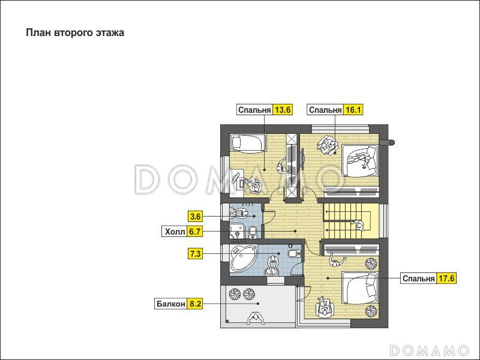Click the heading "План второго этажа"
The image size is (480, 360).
tap(75, 33)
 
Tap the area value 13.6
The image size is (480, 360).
tap(283, 110)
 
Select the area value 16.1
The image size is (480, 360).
tap(353, 110)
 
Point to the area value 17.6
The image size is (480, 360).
tap(446, 278)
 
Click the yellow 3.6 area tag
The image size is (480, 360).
tap(196, 217)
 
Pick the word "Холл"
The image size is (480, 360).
tap(175, 232)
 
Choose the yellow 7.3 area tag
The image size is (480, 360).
tap(196, 254)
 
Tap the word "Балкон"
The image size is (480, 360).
tap(171, 304)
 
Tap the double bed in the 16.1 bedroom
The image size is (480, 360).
tap(361, 160)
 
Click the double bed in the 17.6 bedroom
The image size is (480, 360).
tap(361, 288)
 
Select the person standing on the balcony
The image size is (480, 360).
tap(256, 319)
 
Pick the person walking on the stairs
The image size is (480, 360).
tap(358, 226)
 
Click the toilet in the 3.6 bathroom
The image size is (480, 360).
tap(253, 232)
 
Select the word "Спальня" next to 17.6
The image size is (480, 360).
tap(418, 278)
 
